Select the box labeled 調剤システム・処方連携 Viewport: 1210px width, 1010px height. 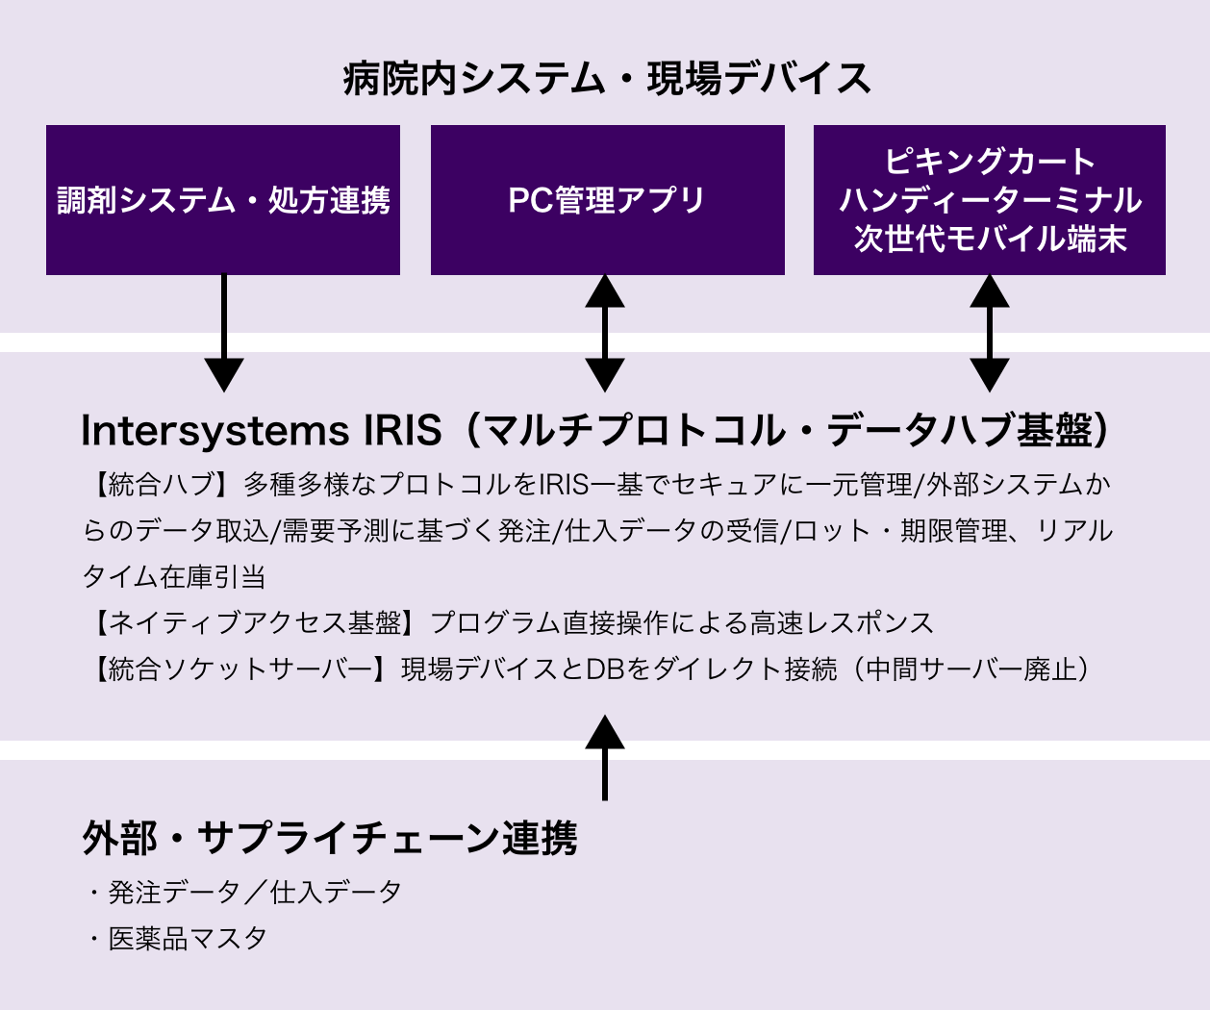click(x=223, y=200)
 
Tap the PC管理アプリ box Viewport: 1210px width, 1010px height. click(x=607, y=200)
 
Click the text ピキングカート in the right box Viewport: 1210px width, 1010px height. click(x=990, y=161)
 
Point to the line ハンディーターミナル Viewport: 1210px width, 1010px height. click(x=990, y=200)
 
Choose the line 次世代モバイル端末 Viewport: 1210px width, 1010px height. click(x=990, y=239)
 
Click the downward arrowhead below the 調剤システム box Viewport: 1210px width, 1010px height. click(x=224, y=373)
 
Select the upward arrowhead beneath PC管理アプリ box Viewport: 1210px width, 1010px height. click(x=605, y=291)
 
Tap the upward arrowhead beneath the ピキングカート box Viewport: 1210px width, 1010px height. click(x=990, y=291)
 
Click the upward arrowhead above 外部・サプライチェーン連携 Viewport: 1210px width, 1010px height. click(x=605, y=729)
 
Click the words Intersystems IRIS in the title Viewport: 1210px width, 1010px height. click(x=261, y=431)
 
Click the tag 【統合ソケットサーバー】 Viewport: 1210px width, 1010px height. click(x=239, y=669)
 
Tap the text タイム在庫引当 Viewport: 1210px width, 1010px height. click(x=174, y=576)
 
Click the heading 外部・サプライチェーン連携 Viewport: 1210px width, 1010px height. click(x=329, y=839)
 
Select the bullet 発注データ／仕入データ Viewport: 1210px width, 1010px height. click(x=254, y=892)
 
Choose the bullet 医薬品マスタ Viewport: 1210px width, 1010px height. click(x=187, y=938)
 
